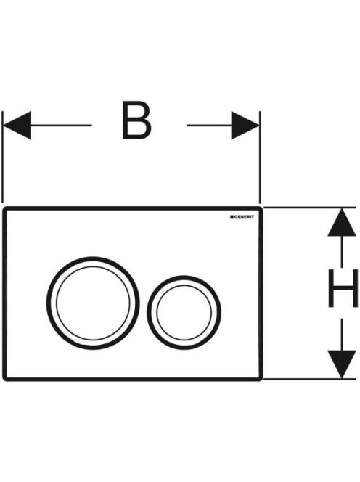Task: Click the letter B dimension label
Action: (136, 120)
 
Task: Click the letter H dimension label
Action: (343, 288)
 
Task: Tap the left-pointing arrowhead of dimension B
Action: (17, 126)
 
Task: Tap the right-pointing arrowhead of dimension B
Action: (245, 126)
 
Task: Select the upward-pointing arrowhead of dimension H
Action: (342, 222)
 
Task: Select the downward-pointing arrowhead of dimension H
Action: (342, 364)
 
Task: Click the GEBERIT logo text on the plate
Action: (244, 217)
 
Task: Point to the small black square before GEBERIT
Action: (232, 217)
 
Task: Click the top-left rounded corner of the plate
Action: (5, 209)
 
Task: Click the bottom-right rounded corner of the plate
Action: (261, 378)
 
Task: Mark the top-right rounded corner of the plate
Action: (261, 209)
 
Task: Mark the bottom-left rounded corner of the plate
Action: (5, 378)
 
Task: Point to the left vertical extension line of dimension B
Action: (2, 157)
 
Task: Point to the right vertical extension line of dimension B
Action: (260, 157)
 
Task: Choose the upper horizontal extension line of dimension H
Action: (310, 208)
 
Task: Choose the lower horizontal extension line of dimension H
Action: (310, 380)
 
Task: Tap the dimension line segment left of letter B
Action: (62, 126)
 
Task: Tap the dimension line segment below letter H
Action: (342, 335)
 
